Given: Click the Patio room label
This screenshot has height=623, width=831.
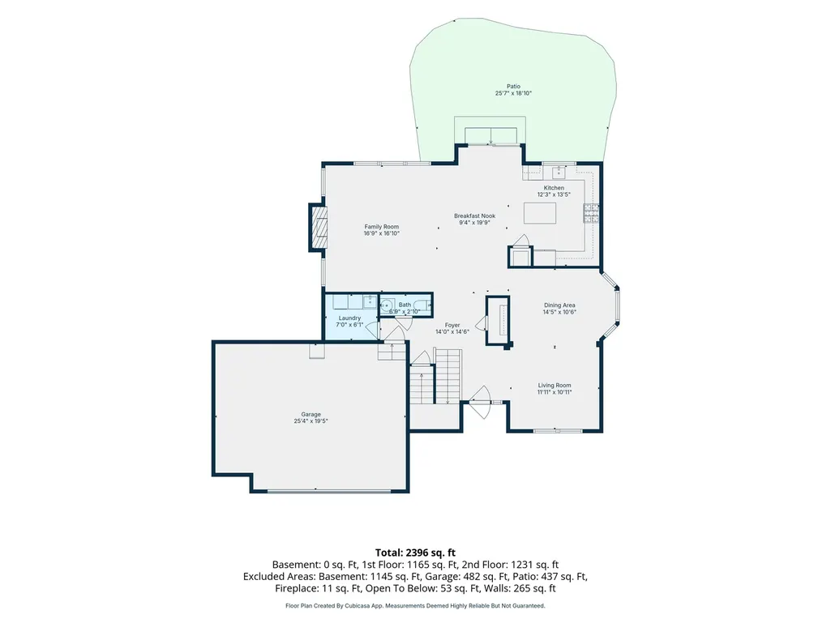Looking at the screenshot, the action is [x=513, y=86].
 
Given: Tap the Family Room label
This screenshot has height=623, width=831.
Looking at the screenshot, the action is [x=382, y=227].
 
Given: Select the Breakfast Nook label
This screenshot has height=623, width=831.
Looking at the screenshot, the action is [x=475, y=216].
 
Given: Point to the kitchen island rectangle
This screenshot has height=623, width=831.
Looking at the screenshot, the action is [x=540, y=213].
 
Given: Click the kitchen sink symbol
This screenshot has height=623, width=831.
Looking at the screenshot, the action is [x=559, y=173].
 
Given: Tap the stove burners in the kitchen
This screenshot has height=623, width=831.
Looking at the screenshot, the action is [x=592, y=213].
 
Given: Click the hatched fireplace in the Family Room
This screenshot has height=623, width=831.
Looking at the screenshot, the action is [x=319, y=228].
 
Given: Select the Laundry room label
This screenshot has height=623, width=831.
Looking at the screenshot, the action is [x=349, y=318].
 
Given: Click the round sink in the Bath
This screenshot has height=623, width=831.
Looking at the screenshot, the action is [x=387, y=305].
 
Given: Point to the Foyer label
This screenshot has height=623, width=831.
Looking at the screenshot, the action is [x=452, y=326].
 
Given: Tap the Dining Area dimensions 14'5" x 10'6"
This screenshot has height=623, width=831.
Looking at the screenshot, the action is [x=559, y=312].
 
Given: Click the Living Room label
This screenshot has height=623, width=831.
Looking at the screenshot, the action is [x=555, y=386].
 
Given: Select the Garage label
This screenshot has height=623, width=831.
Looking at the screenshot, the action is [x=311, y=415].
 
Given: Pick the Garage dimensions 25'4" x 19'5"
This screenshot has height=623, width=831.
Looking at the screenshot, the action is [x=311, y=422].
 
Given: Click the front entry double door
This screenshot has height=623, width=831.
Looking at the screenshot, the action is [x=481, y=402].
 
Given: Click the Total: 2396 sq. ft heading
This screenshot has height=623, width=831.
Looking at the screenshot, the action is [x=415, y=553].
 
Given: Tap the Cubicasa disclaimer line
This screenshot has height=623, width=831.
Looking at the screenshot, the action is [x=415, y=605].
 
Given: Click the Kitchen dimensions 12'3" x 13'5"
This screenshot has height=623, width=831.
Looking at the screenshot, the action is [x=554, y=194].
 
